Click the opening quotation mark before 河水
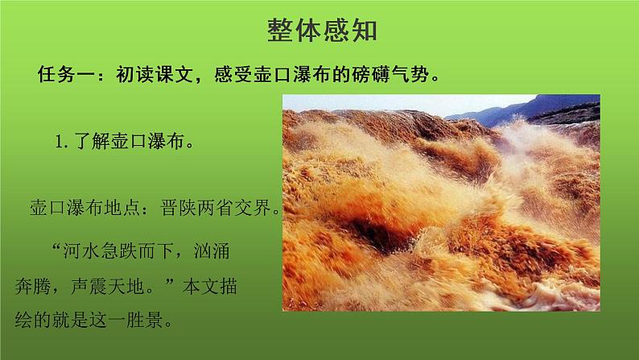56,250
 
